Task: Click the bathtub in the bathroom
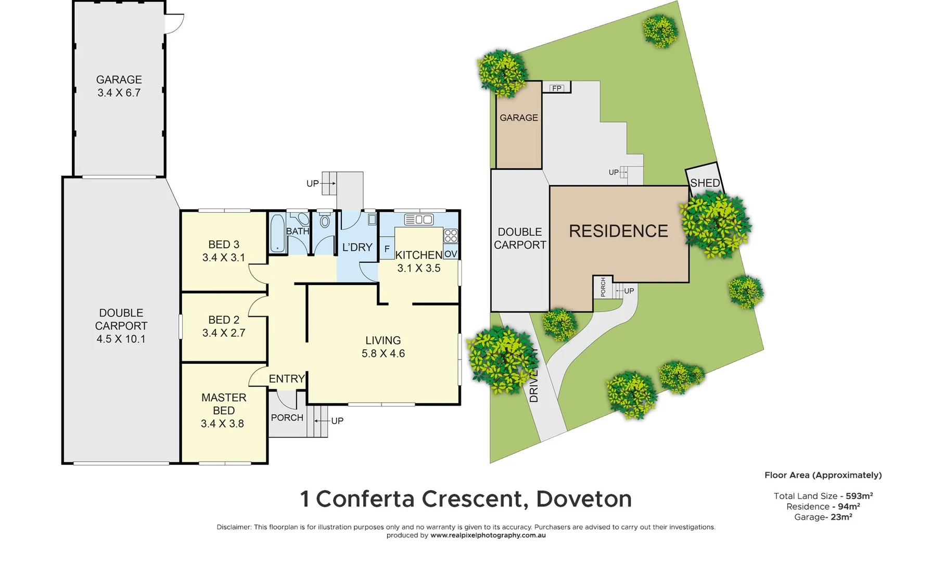(277, 233)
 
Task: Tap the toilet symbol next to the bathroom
(325, 221)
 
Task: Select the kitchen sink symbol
(419, 220)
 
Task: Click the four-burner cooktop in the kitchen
(451, 236)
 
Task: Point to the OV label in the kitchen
(451, 254)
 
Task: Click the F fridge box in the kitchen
(387, 249)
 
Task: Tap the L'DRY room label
(357, 248)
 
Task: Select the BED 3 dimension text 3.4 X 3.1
(223, 258)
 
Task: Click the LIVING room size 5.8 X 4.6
(383, 354)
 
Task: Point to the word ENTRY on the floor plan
(287, 379)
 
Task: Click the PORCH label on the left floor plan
(287, 418)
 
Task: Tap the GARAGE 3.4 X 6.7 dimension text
(119, 93)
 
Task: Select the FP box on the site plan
(557, 88)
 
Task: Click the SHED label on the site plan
(705, 183)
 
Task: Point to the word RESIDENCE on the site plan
(618, 231)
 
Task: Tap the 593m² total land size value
(859, 496)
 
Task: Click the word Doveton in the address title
(584, 499)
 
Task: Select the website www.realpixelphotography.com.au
(488, 535)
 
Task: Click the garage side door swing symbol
(175, 24)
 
